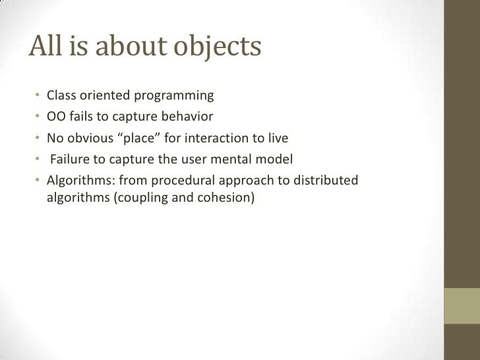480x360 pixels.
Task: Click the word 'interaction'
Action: point(222,138)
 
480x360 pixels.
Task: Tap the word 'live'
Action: point(277,138)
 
